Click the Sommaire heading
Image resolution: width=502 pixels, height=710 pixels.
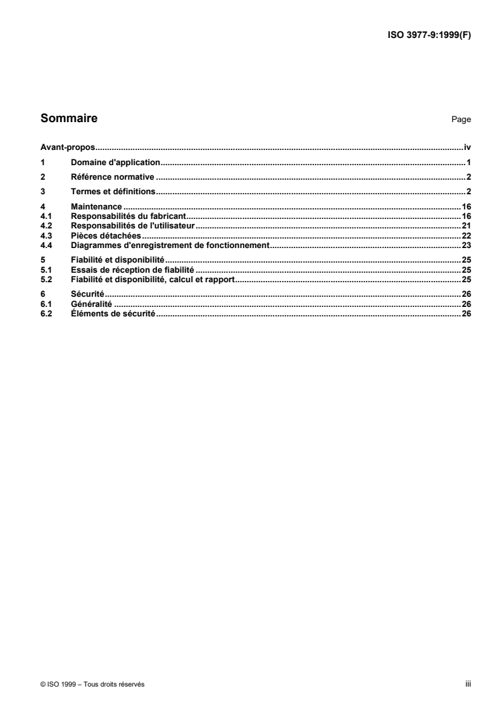coord(68,118)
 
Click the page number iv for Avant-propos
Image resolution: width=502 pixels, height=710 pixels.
coord(467,146)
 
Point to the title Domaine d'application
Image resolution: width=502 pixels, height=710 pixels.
coord(116,162)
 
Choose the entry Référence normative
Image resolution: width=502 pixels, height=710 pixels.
coord(113,177)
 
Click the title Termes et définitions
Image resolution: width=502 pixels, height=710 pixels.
coord(113,191)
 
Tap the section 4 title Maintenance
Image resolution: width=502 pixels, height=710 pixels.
coord(96,206)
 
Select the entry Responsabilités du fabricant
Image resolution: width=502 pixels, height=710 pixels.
coord(127,216)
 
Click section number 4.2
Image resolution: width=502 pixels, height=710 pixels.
coord(45,225)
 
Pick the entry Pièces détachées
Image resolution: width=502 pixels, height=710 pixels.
coord(106,235)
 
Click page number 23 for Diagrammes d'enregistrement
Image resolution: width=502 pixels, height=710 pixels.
coord(466,244)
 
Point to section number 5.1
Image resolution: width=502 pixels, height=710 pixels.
coord(45,269)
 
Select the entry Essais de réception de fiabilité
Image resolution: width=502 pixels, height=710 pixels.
coord(132,269)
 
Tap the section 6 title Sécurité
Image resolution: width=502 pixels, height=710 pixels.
coord(87,294)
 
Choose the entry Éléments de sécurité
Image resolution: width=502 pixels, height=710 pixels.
coord(113,313)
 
